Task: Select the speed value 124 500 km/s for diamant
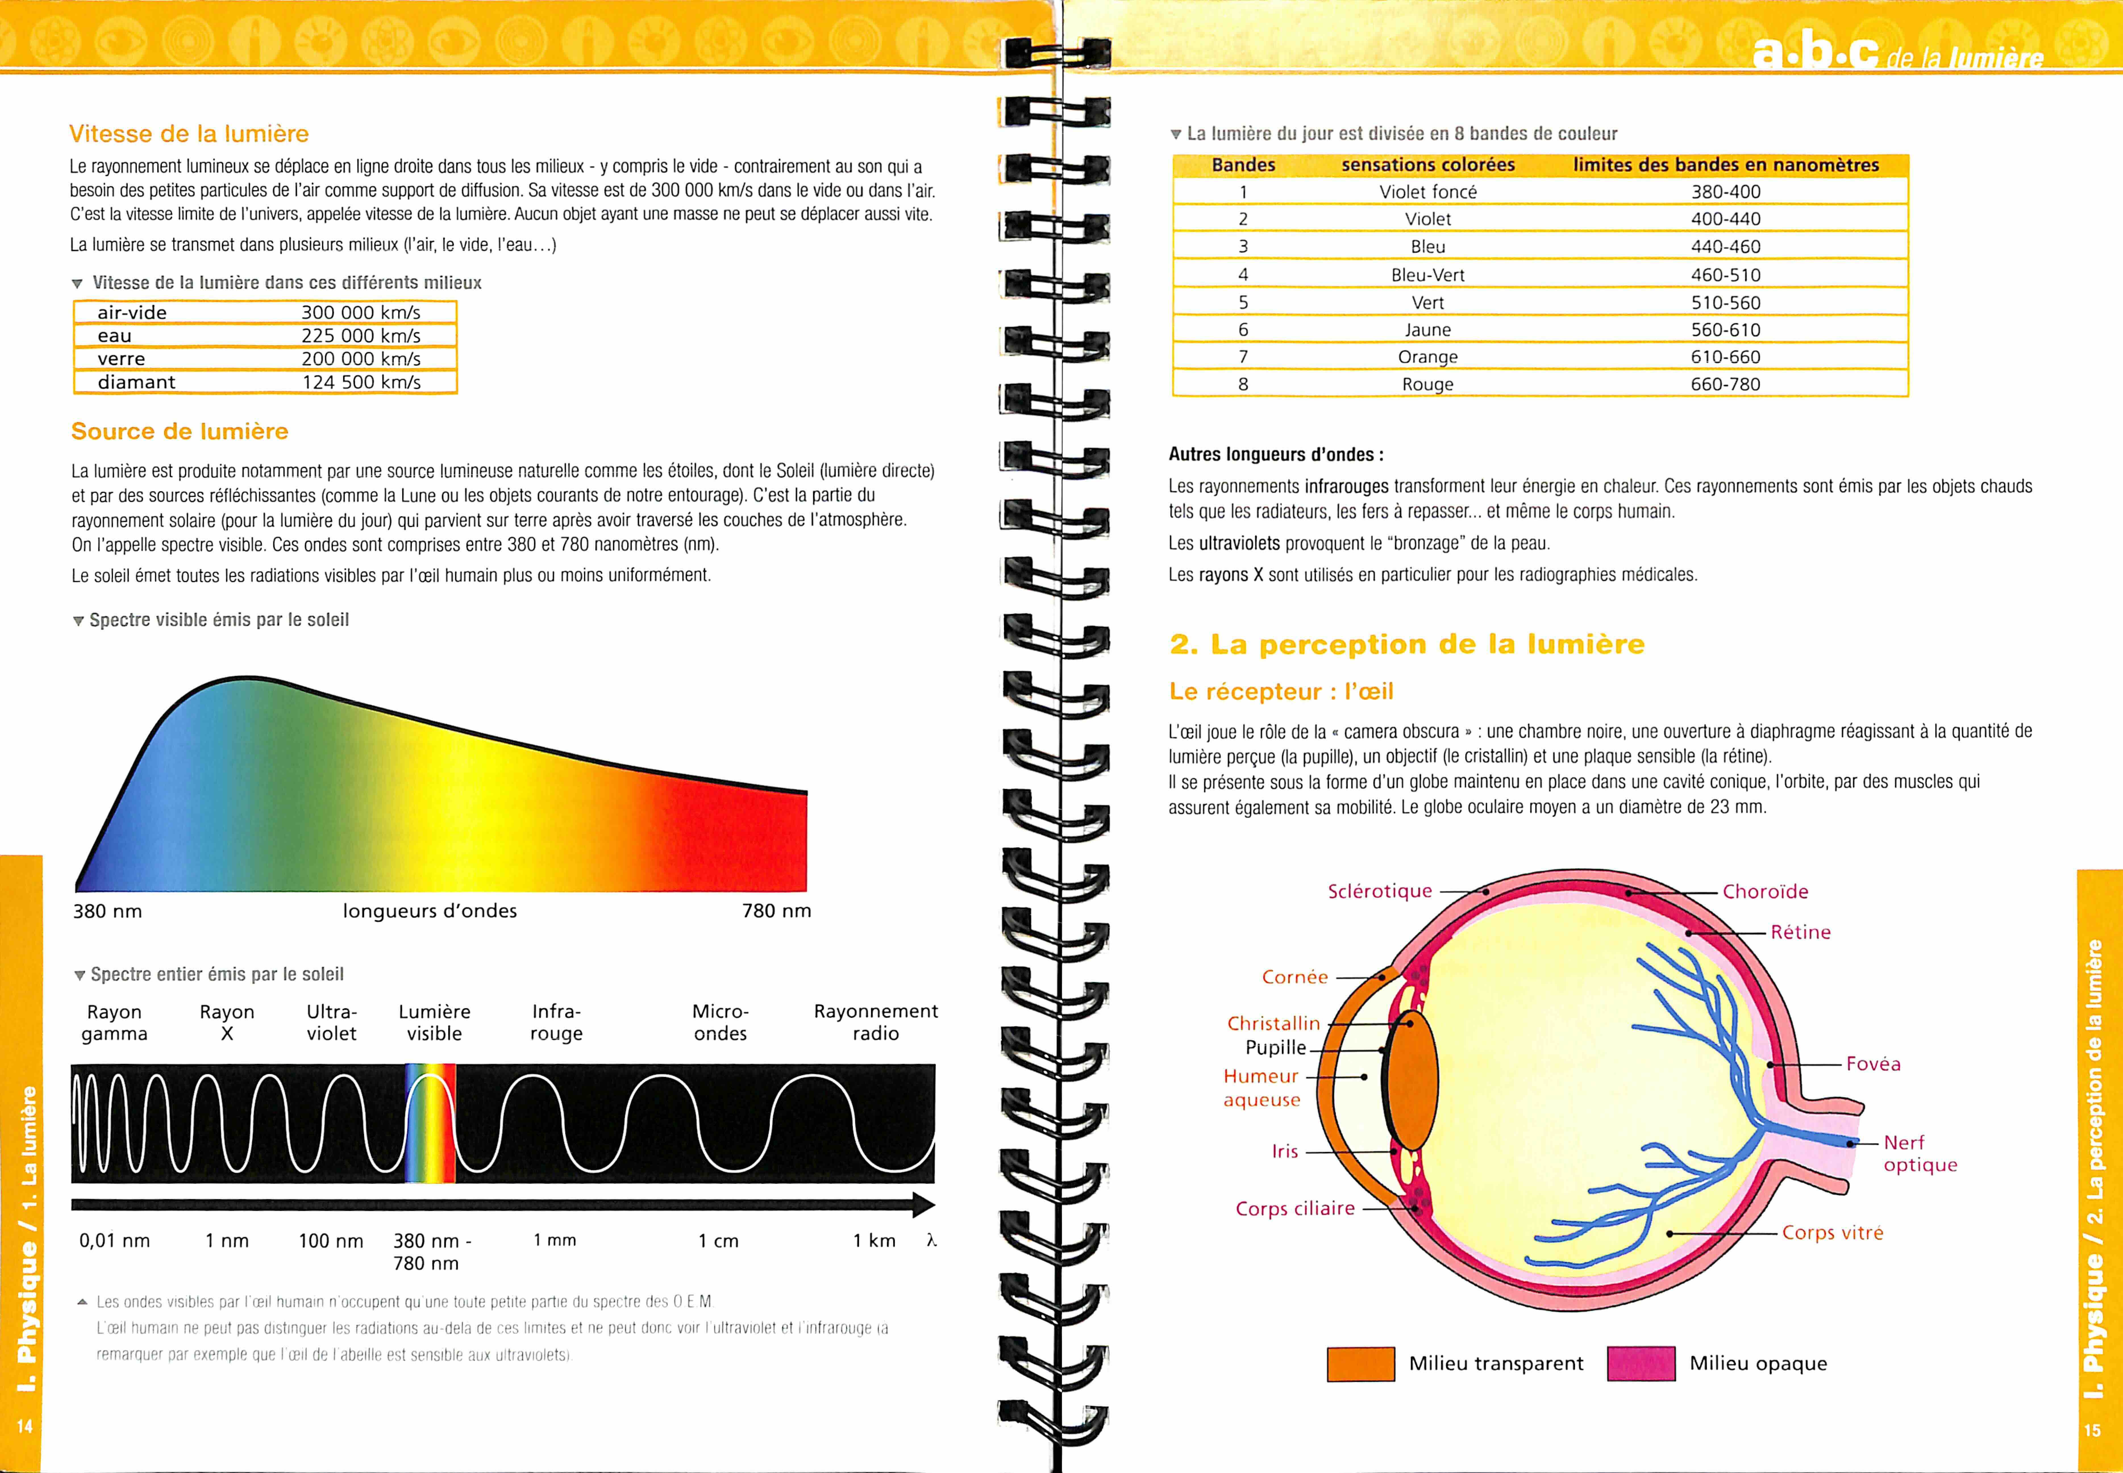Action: pos(361,382)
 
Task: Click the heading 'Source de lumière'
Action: pos(180,431)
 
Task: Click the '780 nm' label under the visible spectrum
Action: pos(776,911)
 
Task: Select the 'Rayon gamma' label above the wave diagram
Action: pos(115,1023)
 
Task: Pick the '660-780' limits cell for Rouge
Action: pos(1725,384)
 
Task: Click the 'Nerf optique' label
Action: pos(1920,1154)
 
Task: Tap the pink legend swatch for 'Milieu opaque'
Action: pos(1640,1363)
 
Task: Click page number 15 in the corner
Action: pos(2092,1430)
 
